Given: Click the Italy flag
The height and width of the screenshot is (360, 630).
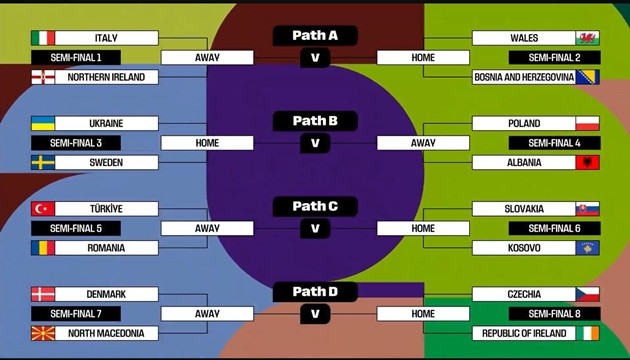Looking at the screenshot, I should coord(43,38).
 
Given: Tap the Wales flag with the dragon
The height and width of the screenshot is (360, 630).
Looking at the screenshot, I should coord(587,38).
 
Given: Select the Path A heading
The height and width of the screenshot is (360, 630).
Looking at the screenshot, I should coord(315,36).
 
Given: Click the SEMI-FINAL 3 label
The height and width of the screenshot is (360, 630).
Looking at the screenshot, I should coord(83,143).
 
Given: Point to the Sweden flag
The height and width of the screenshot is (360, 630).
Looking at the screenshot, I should coord(43,162).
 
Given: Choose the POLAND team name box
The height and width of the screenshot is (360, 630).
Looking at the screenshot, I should coord(523,124).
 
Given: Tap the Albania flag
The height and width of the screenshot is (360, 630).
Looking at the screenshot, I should coord(587,162).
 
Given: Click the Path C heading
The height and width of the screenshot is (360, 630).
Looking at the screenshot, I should coord(315,207).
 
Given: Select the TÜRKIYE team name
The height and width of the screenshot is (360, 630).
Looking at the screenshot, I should coord(106,209).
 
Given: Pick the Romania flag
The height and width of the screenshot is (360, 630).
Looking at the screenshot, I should coord(43,248).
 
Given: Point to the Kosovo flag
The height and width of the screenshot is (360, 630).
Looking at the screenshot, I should coord(587,248).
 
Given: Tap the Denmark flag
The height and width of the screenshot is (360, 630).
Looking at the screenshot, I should coord(43,295).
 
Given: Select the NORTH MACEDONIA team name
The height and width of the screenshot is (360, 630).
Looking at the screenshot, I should coord(106,333).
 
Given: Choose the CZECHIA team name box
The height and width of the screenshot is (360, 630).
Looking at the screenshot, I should coord(523,295).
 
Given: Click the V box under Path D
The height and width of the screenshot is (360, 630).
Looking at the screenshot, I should coord(315,314).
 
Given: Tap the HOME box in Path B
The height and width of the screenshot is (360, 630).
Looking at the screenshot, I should coord(207,143).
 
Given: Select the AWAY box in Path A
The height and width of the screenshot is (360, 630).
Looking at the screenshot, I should coord(207,57).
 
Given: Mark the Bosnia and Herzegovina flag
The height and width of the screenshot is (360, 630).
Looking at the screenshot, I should coord(587,77).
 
